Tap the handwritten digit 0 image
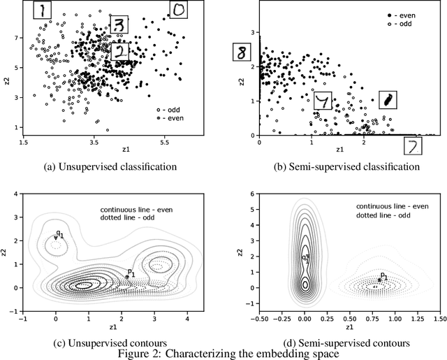179,9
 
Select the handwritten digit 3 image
120,25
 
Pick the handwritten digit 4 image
323,103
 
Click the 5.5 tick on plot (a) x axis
165,142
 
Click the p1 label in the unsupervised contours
130,271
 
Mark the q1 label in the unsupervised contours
60,234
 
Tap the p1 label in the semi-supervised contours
384,275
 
